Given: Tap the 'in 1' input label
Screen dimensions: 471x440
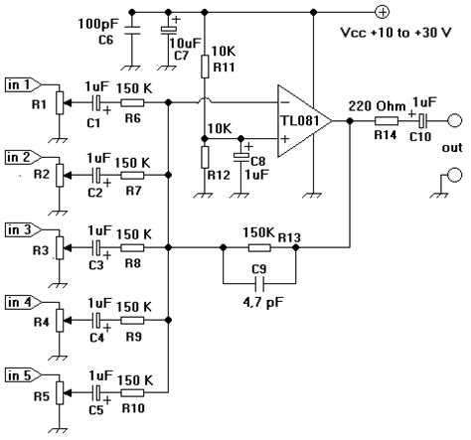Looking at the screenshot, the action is coord(23,85).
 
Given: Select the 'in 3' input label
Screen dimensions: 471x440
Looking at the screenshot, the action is coord(23,229).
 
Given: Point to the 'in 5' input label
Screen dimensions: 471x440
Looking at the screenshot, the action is coord(23,375).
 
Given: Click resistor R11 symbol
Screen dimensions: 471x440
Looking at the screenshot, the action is coord(205,67).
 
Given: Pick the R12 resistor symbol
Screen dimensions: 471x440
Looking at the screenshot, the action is coord(205,157).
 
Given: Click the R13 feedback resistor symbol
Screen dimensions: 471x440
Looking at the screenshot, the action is coord(259,247).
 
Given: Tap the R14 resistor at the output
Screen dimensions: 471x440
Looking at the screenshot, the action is coord(387,121).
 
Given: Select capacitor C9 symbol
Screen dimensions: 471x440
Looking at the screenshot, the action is coord(259,284).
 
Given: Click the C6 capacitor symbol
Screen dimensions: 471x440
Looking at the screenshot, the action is coord(132,30).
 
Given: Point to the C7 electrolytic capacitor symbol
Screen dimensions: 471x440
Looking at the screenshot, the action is coord(169,30).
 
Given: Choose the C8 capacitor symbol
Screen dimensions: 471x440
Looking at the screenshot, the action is coord(241,157).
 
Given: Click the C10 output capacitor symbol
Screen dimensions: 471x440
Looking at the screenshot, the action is coord(423,121).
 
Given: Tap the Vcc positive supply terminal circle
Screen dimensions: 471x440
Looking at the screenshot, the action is coord(383,12).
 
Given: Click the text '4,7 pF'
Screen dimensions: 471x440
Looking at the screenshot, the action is coord(263,302).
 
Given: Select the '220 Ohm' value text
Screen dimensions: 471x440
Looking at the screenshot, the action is coord(377,106).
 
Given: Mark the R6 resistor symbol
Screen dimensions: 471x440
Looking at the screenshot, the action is coord(132,103).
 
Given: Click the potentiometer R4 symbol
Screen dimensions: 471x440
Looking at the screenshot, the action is coord(60,320).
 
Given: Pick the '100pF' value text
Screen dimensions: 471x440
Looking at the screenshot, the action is coord(98,24).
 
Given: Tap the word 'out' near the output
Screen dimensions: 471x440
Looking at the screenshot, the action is coord(452,148).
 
